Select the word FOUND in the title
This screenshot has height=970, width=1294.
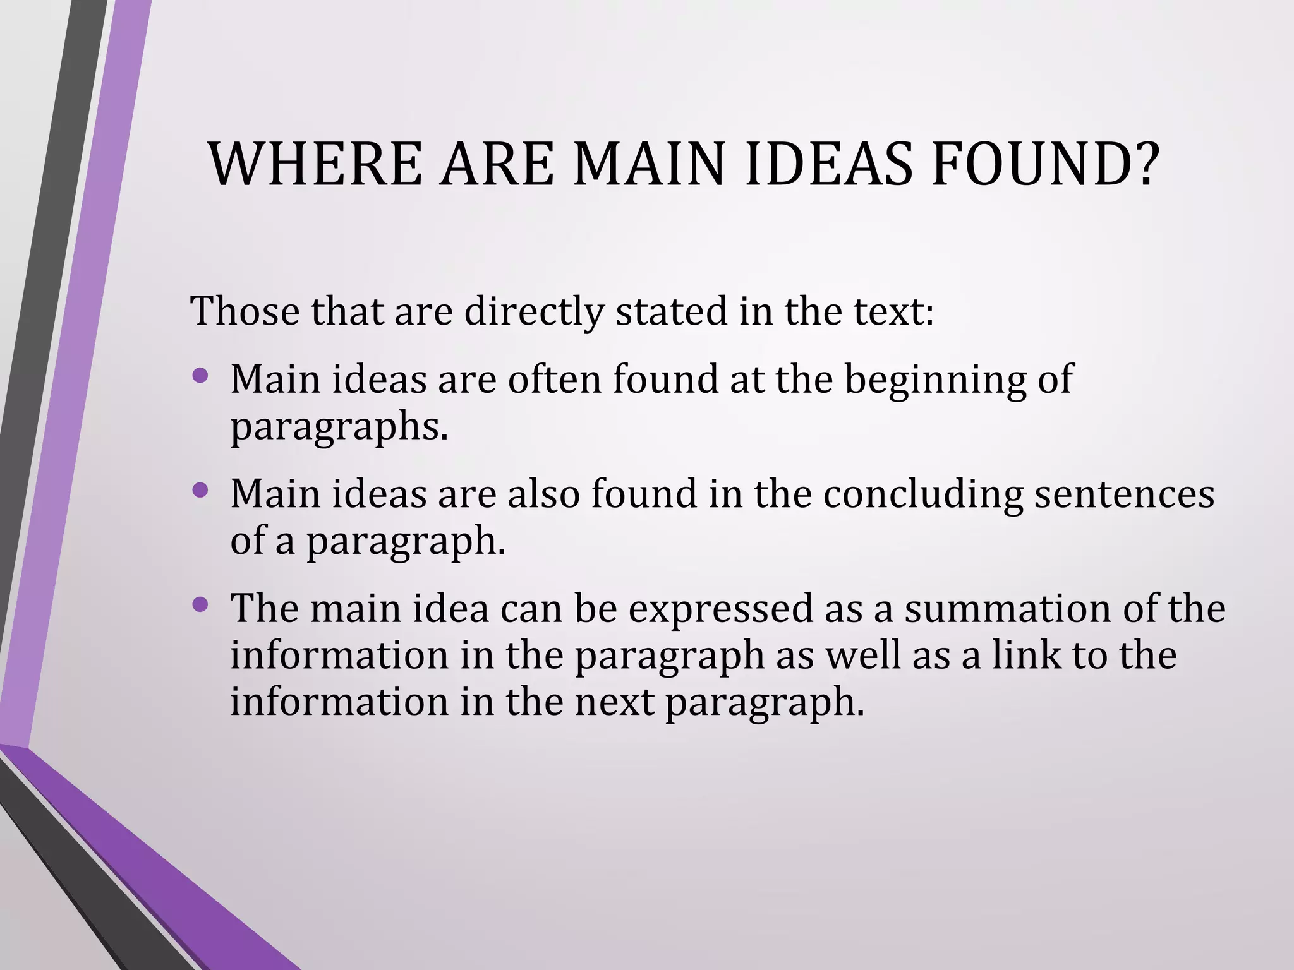point(1027,164)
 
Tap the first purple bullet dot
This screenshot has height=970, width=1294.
point(200,376)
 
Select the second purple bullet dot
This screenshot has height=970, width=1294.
point(200,490)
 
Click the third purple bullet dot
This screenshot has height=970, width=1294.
point(200,605)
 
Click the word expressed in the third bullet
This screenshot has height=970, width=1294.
point(720,609)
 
